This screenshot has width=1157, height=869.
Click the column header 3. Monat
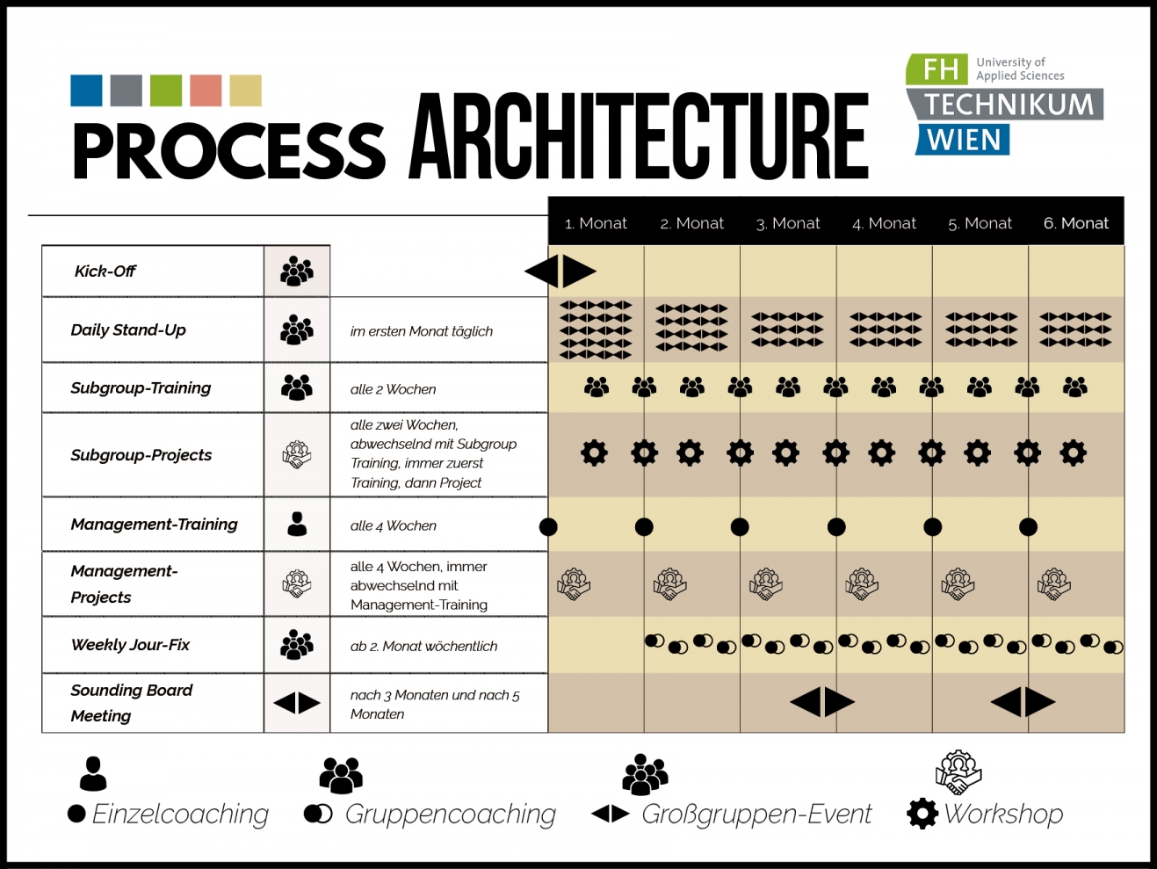click(788, 223)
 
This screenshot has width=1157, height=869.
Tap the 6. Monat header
click(1076, 223)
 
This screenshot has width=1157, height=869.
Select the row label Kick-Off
click(105, 272)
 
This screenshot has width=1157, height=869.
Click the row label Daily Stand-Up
click(128, 330)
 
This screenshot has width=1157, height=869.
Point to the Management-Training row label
click(154, 525)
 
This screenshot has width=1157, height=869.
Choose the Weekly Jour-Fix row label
click(130, 645)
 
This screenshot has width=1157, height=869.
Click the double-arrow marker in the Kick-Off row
click(560, 272)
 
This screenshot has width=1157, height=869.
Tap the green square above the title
click(166, 91)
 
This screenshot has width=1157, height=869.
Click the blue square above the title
click(86, 91)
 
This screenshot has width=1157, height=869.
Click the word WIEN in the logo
click(964, 141)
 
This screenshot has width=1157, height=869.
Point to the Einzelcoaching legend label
click(180, 815)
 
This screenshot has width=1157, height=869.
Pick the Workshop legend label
click(1003, 815)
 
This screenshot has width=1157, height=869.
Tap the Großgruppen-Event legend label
click(756, 815)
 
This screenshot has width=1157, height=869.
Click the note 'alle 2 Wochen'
click(393, 389)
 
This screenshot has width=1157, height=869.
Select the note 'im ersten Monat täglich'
click(421, 331)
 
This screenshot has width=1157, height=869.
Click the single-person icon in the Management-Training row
click(297, 524)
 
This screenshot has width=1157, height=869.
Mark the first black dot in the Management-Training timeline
click(548, 526)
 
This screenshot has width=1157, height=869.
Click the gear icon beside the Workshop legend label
click(922, 814)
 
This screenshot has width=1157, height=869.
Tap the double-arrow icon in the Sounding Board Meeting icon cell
click(297, 703)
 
